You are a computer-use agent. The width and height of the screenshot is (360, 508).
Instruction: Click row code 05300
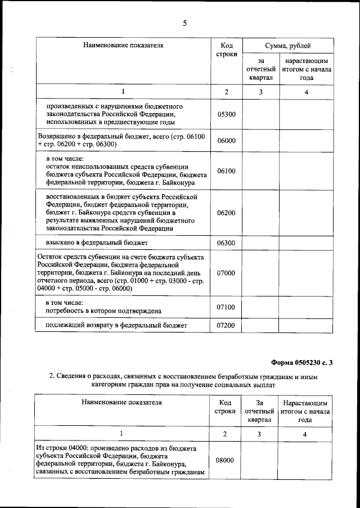[226, 114]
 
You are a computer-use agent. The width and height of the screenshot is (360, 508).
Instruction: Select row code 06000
[226, 141]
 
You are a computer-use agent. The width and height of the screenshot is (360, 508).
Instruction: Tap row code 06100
[226, 171]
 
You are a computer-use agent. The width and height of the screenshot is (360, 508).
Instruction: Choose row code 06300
[226, 243]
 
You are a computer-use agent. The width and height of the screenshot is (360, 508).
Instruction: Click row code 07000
[226, 273]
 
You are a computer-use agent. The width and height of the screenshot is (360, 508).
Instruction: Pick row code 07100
[226, 307]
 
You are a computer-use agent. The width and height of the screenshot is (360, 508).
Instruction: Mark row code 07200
[226, 325]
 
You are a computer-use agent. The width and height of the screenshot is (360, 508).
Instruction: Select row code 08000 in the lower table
[225, 460]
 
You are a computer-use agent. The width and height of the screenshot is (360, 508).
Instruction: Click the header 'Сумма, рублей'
[288, 46]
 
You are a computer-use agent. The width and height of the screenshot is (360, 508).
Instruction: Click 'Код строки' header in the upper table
[226, 51]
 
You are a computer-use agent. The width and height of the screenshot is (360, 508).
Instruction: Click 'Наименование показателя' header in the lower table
[122, 403]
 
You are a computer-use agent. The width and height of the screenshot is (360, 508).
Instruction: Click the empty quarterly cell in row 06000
[260, 141]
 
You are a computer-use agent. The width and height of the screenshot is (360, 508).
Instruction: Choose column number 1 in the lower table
[122, 434]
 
